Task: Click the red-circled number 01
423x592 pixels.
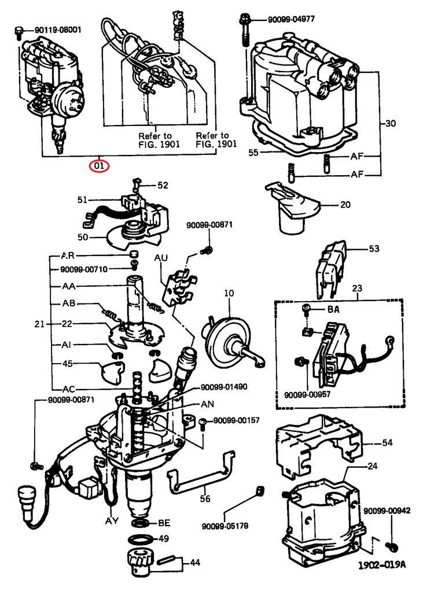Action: pos(99,166)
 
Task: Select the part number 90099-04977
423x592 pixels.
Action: pos(291,19)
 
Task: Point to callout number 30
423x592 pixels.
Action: pos(391,124)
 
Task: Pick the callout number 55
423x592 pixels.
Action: pos(253,153)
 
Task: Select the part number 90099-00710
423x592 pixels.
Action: pos(84,270)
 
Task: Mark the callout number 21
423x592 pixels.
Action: pos(39,324)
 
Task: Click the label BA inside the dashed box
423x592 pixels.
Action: pos(333,310)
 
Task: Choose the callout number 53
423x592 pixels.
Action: pos(374,249)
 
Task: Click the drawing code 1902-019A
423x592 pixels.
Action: pos(381,565)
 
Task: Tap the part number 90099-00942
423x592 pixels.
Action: pos(387,511)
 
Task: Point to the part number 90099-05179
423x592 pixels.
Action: pos(225,526)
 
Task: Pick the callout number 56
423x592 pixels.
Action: pos(205,498)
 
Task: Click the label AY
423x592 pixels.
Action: pos(112,520)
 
